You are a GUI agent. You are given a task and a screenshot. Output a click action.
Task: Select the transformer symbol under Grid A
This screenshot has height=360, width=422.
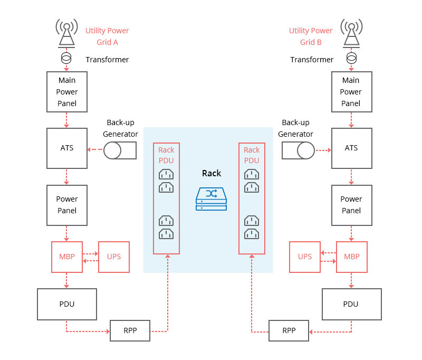66,58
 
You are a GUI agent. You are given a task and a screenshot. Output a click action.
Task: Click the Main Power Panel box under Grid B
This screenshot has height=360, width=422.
351,92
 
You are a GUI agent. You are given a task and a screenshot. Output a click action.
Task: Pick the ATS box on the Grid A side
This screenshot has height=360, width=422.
67,148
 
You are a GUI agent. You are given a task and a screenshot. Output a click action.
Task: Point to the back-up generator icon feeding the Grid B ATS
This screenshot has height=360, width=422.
298,150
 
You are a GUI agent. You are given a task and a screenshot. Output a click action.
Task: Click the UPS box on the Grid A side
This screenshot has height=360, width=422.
114,257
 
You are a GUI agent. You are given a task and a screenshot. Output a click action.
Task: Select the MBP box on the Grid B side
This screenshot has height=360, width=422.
352,257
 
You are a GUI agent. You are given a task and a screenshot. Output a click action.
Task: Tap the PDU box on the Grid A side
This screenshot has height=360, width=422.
67,304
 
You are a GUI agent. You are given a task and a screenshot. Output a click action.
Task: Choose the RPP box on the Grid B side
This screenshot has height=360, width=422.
289,330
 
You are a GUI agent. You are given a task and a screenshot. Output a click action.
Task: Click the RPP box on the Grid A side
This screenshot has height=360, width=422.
130,330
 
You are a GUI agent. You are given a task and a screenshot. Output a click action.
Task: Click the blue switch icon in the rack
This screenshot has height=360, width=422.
212,198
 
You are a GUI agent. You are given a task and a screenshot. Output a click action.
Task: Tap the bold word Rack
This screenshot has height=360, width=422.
212,173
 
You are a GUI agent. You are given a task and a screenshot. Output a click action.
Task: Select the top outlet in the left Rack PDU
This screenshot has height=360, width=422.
166,174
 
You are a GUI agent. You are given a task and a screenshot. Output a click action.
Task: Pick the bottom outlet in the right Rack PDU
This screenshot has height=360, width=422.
252,234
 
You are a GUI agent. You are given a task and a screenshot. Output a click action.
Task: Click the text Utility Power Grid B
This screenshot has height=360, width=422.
311,36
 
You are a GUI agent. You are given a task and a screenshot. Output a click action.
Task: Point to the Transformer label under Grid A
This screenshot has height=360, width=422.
107,60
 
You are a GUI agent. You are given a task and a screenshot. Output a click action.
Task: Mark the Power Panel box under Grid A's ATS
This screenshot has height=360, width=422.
67,205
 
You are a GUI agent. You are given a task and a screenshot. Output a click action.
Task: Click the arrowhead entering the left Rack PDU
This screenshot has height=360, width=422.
168,256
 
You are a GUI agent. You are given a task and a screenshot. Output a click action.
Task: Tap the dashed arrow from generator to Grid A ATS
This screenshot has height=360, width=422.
95,149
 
